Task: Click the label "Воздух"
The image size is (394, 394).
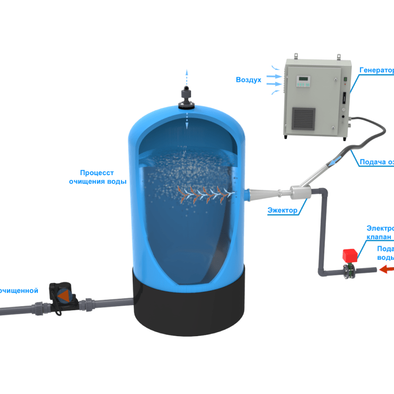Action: click(x=248, y=80)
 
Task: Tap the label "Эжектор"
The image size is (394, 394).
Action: click(x=282, y=210)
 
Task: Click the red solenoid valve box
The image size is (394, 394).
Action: click(x=350, y=256)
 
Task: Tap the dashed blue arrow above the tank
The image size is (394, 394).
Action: click(x=187, y=77)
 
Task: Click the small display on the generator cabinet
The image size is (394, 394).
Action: click(x=303, y=81)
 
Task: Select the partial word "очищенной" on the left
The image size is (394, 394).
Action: click(x=19, y=290)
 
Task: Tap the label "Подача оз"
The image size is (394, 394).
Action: click(x=377, y=162)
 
